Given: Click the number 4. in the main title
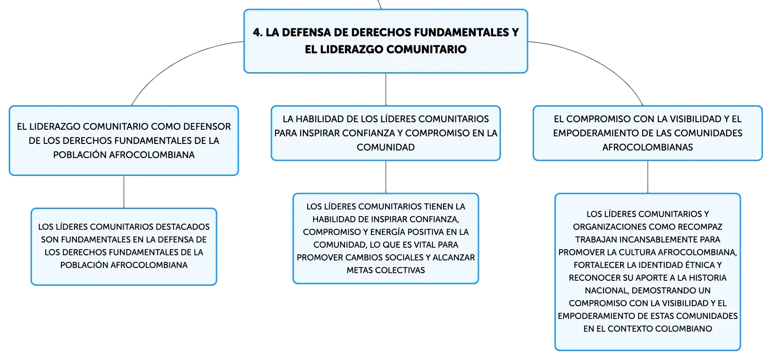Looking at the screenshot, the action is pyautogui.click(x=258, y=33).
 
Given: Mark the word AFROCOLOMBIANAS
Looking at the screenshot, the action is pyautogui.click(x=647, y=147).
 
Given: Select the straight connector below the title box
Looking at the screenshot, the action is pyautogui.click(x=386, y=89).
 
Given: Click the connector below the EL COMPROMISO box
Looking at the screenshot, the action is pyautogui.click(x=647, y=177).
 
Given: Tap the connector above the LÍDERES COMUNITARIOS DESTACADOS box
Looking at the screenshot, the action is pyautogui.click(x=124, y=192).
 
